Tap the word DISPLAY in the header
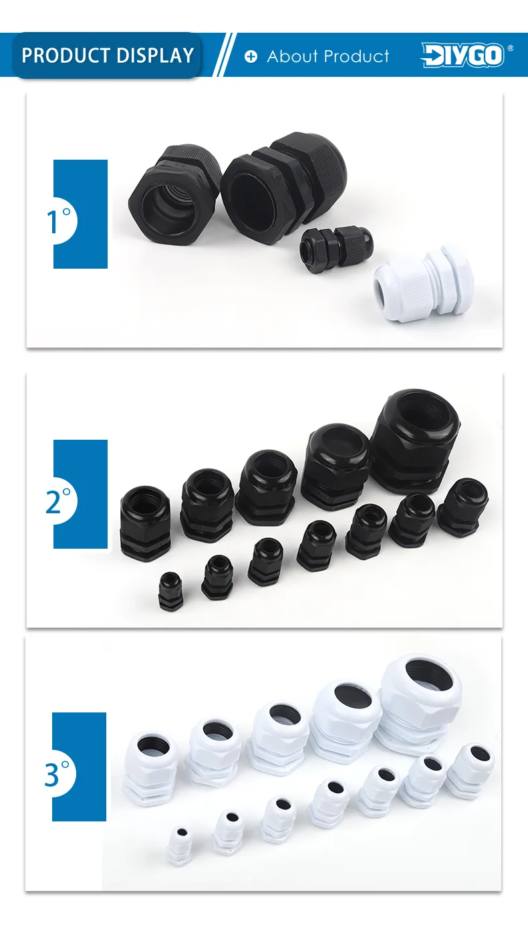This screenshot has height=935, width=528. click(155, 55)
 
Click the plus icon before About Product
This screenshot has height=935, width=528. click(251, 56)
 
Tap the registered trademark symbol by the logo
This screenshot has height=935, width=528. click(510, 48)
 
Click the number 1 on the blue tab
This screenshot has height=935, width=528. click(52, 222)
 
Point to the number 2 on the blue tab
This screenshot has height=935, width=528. click(53, 502)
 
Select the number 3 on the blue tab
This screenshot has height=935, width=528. click(51, 775)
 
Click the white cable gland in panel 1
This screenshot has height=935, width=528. click(423, 284)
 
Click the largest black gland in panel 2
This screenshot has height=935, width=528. click(414, 441)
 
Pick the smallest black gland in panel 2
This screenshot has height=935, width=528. click(170, 591)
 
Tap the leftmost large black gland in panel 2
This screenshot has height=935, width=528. click(145, 523)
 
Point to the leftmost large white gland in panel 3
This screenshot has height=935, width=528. click(150, 768)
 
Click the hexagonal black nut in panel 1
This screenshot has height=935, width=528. click(174, 194)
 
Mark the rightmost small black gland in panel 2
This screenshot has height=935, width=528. click(463, 507)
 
